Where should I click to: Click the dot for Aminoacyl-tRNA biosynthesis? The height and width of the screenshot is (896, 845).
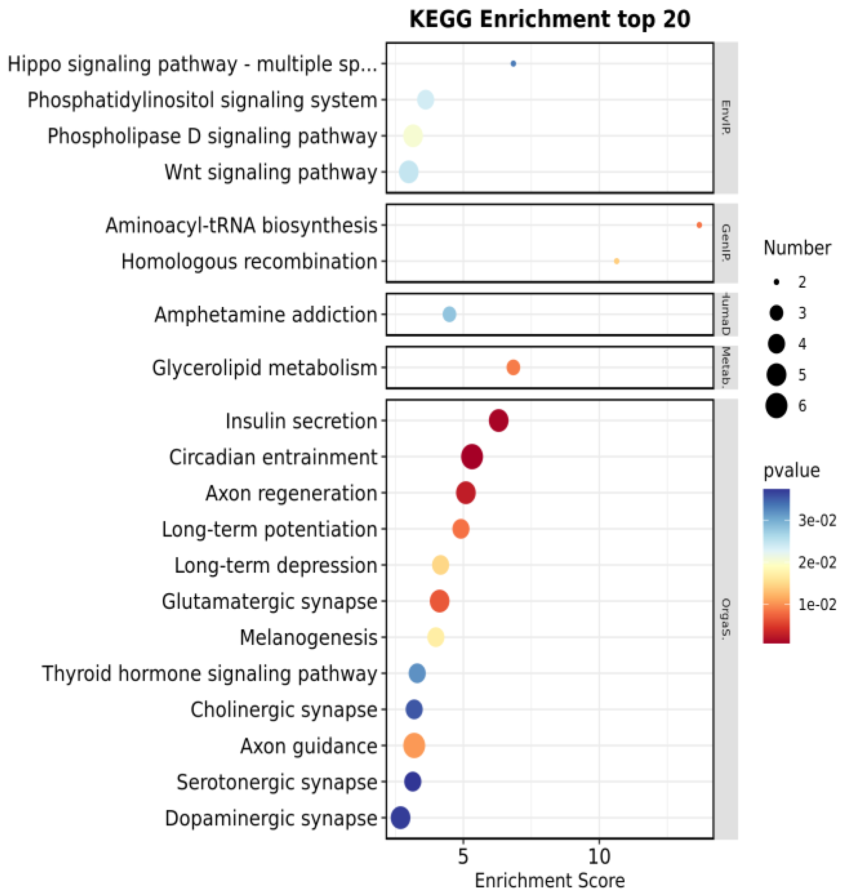coord(699,225)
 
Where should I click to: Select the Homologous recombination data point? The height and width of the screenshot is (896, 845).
coord(616,261)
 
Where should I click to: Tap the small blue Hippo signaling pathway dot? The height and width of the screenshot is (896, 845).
coord(513,64)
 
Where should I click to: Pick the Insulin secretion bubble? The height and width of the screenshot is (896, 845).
coord(498,420)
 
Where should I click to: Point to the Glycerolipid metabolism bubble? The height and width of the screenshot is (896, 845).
coord(513,368)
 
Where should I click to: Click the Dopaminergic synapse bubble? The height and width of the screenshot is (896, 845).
coord(400,817)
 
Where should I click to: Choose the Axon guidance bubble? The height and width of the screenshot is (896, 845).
coord(414,745)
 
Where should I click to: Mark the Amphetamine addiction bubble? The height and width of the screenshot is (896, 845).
coord(449,314)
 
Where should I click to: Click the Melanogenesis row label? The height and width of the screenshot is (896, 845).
coord(308,637)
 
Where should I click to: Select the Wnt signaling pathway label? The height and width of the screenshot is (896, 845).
coord(271,172)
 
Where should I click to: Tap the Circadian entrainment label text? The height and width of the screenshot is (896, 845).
coord(273,457)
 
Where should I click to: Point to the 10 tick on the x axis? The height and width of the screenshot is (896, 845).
coord(599,857)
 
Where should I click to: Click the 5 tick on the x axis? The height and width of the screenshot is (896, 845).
coord(463,857)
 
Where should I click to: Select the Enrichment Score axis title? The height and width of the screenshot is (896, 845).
coord(549,880)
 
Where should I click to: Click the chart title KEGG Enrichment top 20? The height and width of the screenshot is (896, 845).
coord(549,19)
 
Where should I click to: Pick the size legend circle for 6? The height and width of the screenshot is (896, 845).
coord(776,406)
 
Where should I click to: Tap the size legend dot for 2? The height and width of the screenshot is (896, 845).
coord(776,282)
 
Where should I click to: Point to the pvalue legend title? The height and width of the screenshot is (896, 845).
coord(791,471)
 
